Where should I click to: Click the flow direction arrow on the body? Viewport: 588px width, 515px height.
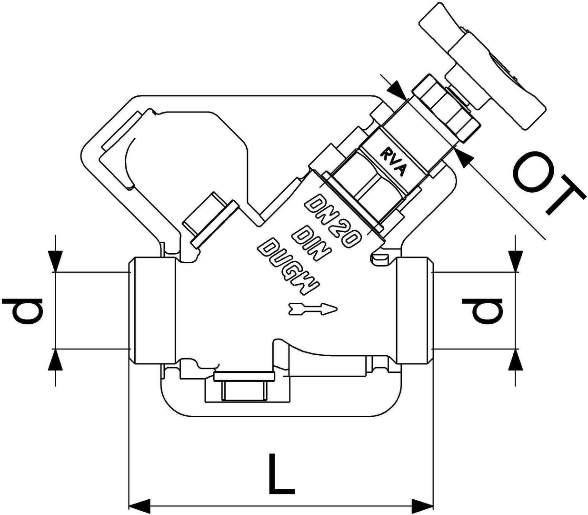tap(313, 309)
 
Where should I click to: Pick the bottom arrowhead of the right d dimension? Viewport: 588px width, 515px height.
tap(516, 360)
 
